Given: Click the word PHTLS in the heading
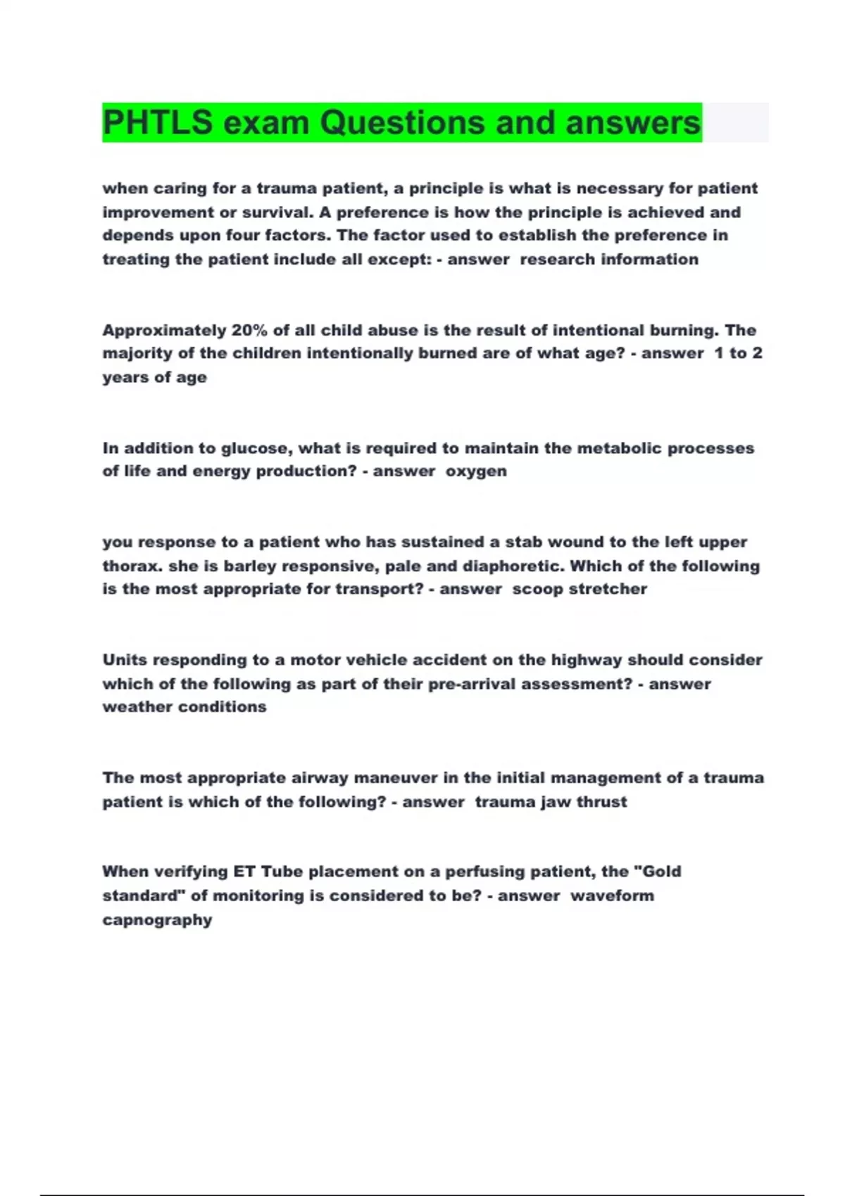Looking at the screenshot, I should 157,122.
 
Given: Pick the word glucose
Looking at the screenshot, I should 255,448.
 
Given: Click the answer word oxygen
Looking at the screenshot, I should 476,471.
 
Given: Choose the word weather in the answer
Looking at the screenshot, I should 137,707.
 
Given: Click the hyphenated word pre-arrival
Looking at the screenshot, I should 470,684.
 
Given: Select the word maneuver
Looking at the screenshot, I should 395,778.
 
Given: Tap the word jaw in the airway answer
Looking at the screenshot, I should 556,802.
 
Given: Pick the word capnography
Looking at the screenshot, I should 157,920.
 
